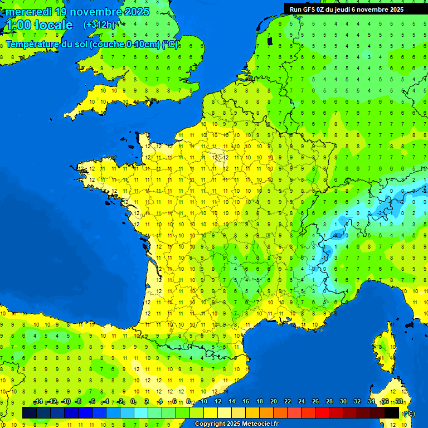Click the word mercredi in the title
pos(29,12)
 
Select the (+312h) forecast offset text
pos(99,25)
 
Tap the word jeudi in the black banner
pos(352,9)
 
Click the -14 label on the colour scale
pos(38,402)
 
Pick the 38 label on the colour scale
pos(398,402)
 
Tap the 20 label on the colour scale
pos(273,402)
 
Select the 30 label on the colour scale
pos(343,402)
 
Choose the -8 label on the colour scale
pos(79,402)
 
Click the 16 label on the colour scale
pos(245,402)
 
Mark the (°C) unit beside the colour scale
pos(409,414)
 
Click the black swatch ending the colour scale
pos(392,412)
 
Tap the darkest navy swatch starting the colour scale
pos(29,412)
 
